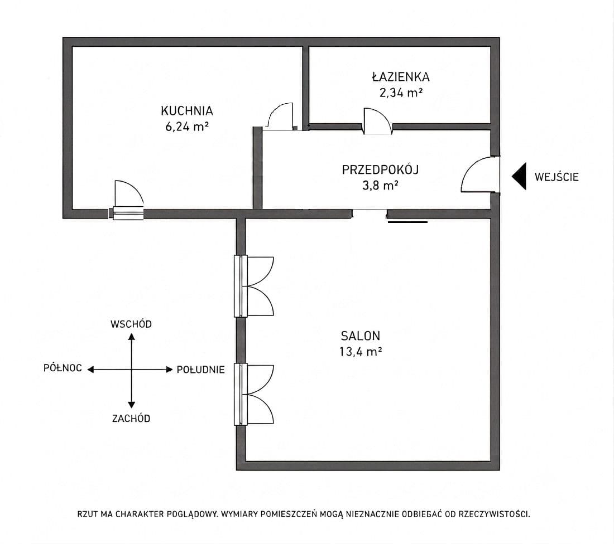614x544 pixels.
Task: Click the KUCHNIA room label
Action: click(187, 111)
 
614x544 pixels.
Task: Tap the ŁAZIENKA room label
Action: click(401, 76)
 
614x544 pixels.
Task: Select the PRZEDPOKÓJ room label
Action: click(380, 170)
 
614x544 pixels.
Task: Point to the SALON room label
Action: click(360, 336)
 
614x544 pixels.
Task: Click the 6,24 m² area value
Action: click(187, 127)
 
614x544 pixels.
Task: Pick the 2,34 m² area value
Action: click(401, 93)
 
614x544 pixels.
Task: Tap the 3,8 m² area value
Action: click(380, 186)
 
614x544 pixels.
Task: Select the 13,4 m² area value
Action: click(360, 352)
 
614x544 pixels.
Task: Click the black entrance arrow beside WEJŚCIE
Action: click(519, 176)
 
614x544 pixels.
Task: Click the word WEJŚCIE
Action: click(557, 177)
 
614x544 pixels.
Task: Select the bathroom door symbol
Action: click(377, 122)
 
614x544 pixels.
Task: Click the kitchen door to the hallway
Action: click(279, 116)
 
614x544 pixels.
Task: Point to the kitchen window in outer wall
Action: click(128, 213)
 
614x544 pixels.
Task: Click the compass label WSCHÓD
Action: click(131, 324)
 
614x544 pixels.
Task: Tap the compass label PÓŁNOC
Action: click(63, 368)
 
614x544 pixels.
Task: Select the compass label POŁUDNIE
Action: click(200, 370)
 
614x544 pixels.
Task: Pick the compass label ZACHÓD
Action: click(131, 418)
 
